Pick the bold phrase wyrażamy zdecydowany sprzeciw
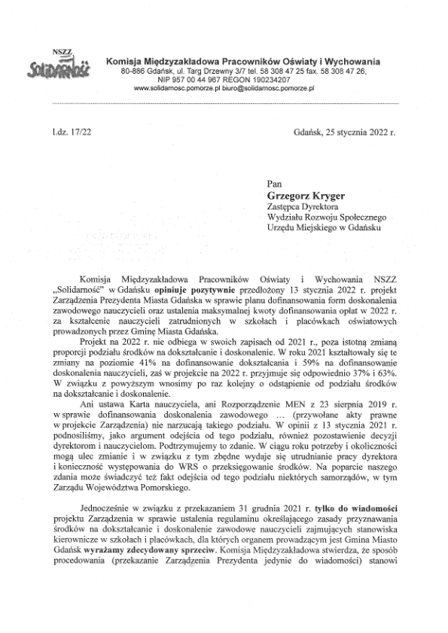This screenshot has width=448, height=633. coord(132,558)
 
